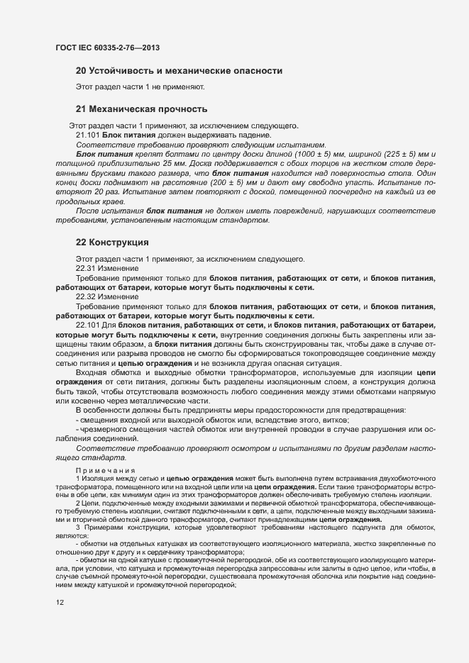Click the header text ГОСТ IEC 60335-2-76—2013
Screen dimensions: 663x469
(x=106, y=48)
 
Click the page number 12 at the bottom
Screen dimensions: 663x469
(x=60, y=602)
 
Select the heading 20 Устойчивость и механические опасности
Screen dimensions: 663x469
(x=179, y=71)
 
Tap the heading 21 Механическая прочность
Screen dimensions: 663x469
(x=141, y=109)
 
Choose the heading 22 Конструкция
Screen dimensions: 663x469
(x=111, y=242)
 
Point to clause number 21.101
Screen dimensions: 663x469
(x=88, y=135)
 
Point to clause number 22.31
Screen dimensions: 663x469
(x=86, y=268)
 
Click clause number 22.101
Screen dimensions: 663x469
(x=88, y=325)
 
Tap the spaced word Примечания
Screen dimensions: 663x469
(x=105, y=469)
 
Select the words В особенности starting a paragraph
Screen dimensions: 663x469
(x=101, y=410)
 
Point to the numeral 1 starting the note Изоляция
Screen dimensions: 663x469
(x=77, y=479)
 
